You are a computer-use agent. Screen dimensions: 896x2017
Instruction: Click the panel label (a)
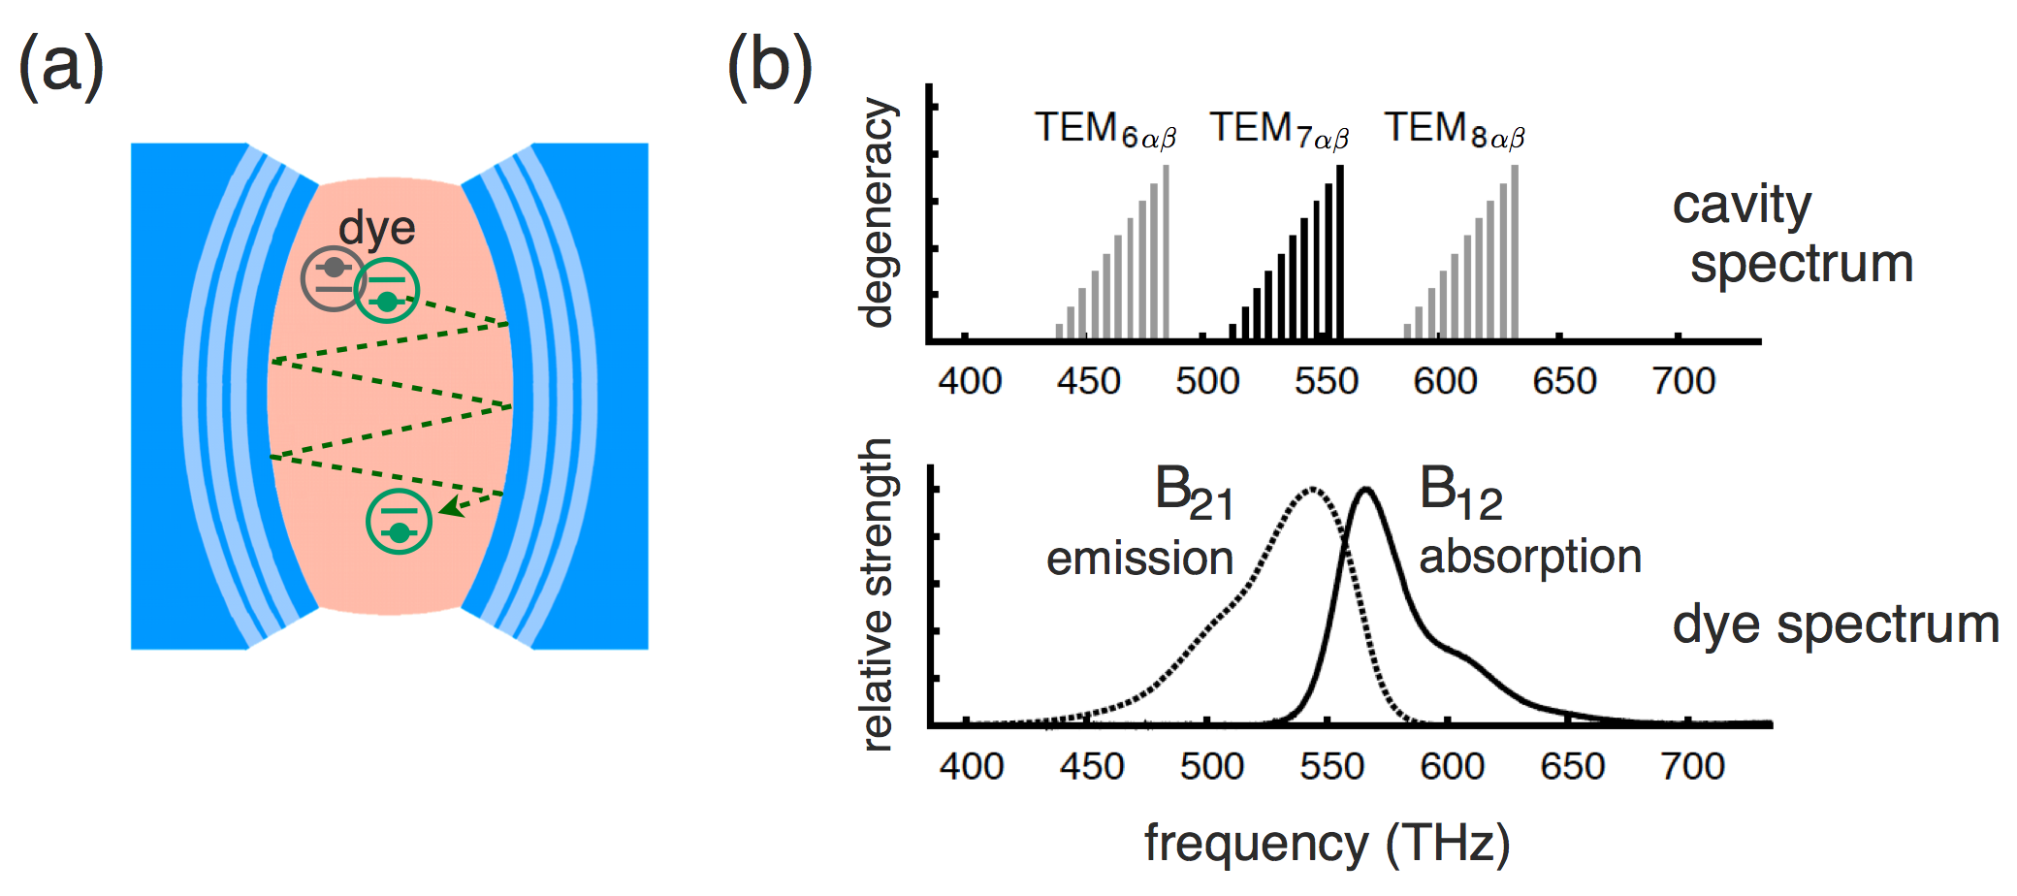[x=61, y=66]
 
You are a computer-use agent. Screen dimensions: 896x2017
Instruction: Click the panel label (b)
[x=769, y=66]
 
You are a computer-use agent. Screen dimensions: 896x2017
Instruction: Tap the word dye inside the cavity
[x=376, y=229]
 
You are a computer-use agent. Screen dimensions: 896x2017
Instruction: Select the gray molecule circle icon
[x=333, y=278]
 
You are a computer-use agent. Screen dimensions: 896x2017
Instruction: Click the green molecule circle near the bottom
[x=399, y=522]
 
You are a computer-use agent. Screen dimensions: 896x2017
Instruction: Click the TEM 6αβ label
[x=1105, y=130]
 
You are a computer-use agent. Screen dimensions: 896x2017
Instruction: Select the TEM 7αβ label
[x=1279, y=130]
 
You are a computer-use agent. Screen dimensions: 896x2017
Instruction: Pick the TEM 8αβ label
[x=1454, y=130]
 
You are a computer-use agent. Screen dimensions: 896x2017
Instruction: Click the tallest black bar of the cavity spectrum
[x=1339, y=252]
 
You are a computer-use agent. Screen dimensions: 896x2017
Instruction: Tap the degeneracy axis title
[x=877, y=213]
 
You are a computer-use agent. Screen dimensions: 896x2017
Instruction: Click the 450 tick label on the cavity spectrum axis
[x=1089, y=381]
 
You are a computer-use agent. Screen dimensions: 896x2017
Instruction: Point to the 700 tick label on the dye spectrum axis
[x=1692, y=767]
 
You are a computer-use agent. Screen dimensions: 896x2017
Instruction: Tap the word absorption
[x=1530, y=557]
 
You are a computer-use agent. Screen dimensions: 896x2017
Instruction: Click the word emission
[x=1139, y=559]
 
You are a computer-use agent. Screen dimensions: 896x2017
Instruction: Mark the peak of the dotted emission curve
[x=1312, y=489]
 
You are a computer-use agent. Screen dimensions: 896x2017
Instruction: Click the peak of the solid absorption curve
[x=1365, y=489]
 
